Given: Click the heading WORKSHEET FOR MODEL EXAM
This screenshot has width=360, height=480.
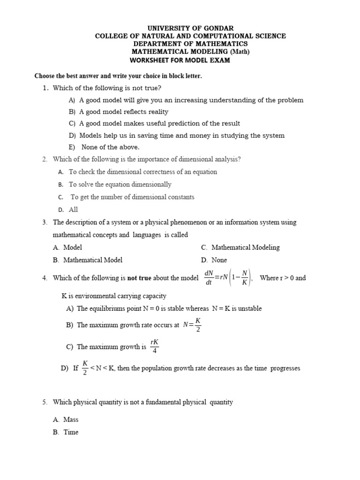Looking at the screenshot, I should click(180, 60).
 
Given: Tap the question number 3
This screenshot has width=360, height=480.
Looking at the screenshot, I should click(45, 222).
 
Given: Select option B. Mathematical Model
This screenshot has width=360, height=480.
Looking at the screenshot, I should click(88, 260).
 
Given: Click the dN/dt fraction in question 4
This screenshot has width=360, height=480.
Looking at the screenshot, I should click(209, 277).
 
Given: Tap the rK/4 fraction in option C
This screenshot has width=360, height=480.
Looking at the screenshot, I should click(155, 347).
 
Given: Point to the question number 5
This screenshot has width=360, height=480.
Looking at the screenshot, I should click(45, 402).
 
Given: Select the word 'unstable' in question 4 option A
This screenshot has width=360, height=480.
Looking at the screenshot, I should click(249, 308).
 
